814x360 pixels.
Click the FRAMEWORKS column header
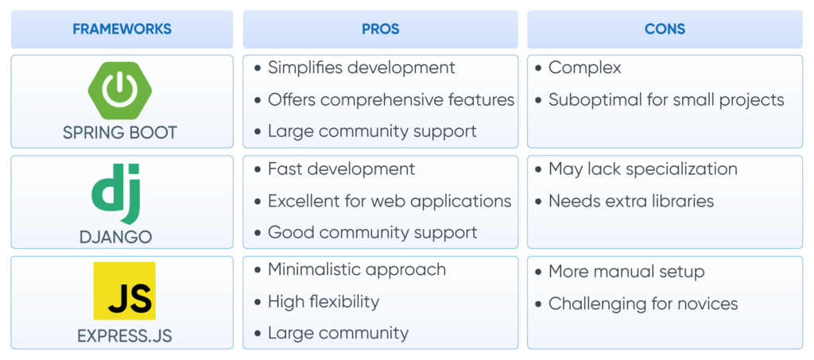click(x=122, y=29)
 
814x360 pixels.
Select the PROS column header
click(x=380, y=29)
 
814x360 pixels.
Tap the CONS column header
click(x=665, y=29)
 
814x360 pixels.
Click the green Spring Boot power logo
click(x=120, y=91)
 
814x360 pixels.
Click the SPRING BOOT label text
click(x=120, y=133)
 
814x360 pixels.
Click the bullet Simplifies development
click(x=361, y=68)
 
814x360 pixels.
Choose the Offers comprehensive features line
click(x=390, y=100)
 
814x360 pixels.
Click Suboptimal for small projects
click(x=666, y=100)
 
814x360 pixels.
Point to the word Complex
click(x=584, y=68)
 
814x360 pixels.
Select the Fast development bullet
click(x=341, y=169)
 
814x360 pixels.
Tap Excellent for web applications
click(x=389, y=201)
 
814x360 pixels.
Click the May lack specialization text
click(x=642, y=169)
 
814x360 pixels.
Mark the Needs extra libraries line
click(x=630, y=201)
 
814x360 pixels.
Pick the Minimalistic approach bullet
click(x=356, y=269)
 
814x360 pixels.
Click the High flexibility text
click(x=323, y=302)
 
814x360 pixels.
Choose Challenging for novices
click(x=642, y=304)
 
